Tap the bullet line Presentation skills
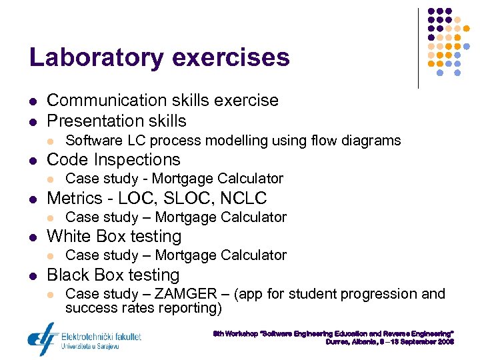click(116, 121)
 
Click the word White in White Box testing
click(69, 237)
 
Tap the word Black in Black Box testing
click(68, 275)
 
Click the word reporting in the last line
click(193, 308)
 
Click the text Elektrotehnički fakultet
click(101, 337)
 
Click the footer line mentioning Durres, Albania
click(389, 342)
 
